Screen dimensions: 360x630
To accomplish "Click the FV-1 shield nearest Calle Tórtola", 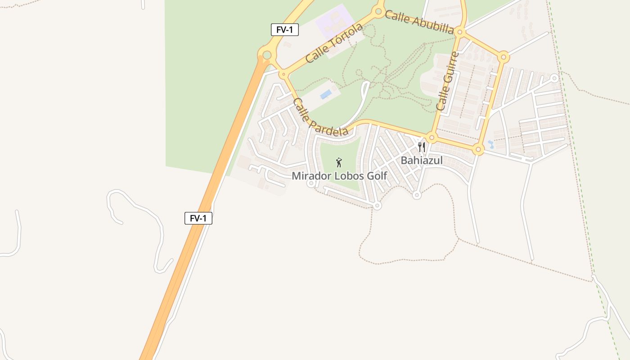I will (x=284, y=30).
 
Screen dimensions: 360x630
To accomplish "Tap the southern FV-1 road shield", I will (x=198, y=218).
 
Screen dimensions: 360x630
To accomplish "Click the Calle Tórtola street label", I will (x=334, y=43).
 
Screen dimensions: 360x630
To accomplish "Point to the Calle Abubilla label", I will (x=419, y=22).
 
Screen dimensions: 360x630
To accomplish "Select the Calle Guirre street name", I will (x=447, y=81).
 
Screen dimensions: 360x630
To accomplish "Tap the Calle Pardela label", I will (x=320, y=117).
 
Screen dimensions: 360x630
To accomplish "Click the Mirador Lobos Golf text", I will (x=339, y=176).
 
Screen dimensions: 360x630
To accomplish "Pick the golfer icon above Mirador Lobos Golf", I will (x=339, y=162).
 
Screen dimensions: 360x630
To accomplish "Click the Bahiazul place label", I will (x=422, y=161).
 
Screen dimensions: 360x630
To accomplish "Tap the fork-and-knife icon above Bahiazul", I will (x=422, y=147).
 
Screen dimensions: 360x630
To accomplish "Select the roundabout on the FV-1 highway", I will (x=266, y=55).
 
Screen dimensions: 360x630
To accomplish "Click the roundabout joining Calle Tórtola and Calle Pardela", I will (x=283, y=74).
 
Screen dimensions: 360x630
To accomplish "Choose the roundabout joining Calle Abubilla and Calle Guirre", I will (x=459, y=32).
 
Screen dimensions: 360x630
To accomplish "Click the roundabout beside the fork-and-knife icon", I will (x=432, y=137).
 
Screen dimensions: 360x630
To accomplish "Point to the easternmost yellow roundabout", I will (x=504, y=57).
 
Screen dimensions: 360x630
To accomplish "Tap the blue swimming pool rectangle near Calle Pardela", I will (x=326, y=94).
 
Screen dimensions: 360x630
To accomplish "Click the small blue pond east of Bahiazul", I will (x=490, y=145).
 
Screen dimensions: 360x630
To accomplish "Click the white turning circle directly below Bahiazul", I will (x=417, y=195).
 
